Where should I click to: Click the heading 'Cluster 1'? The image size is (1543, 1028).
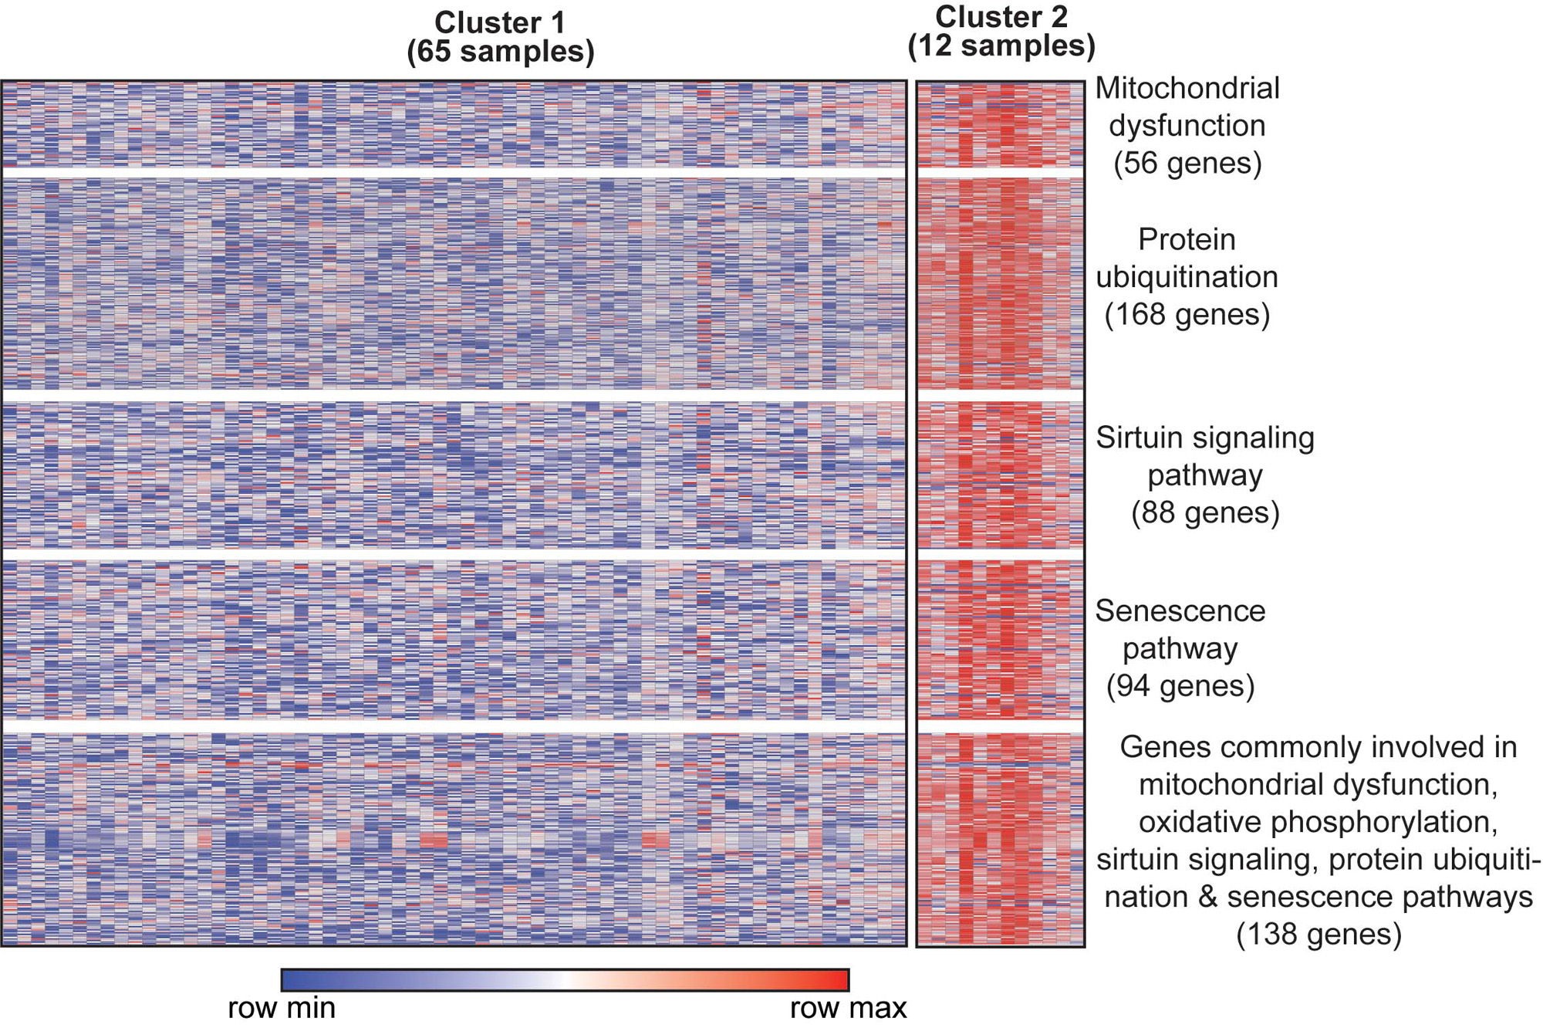tap(500, 22)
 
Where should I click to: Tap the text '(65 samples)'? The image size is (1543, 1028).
tap(501, 52)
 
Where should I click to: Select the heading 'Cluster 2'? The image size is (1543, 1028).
tap(1001, 17)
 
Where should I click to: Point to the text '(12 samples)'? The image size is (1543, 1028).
tap(1001, 46)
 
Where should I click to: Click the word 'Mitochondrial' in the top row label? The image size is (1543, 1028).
tap(1187, 88)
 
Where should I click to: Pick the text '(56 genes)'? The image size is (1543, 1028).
tap(1187, 163)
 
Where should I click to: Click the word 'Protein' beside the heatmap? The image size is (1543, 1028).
tap(1187, 239)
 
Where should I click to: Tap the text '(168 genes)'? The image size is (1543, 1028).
tap(1187, 314)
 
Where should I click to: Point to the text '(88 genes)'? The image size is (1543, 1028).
tap(1205, 512)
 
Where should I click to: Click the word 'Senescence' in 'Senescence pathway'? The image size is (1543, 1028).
tap(1180, 610)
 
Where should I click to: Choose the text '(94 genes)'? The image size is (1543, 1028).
tap(1180, 685)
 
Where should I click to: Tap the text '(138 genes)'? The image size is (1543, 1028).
tap(1318, 934)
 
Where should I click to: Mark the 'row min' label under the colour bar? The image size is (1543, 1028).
tap(282, 1008)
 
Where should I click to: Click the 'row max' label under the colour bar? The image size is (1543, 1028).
tap(848, 1008)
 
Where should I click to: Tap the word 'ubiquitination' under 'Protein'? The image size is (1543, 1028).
tap(1187, 277)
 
